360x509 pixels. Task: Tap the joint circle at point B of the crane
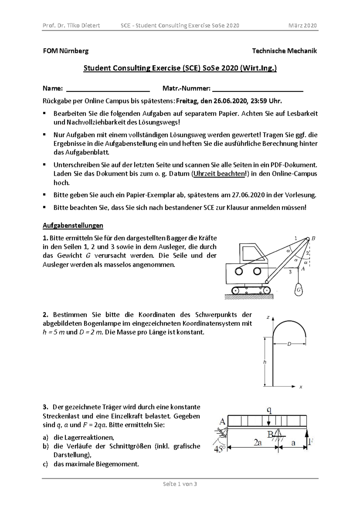click(308, 239)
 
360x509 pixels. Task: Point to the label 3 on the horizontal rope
click(290, 272)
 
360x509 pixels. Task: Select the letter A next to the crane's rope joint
click(303, 269)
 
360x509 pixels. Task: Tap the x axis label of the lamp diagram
click(301, 387)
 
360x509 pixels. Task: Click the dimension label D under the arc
click(289, 344)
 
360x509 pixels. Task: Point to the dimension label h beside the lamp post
click(265, 362)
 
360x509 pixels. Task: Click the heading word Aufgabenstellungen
click(73, 225)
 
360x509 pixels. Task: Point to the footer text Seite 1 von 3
click(180, 484)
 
